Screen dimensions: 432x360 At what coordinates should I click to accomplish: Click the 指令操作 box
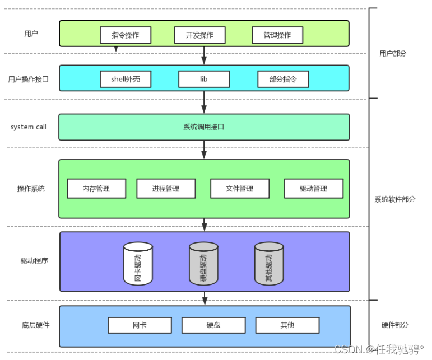[126, 35]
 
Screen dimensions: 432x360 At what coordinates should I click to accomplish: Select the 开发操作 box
[199, 35]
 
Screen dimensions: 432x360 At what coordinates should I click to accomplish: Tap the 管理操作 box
[277, 35]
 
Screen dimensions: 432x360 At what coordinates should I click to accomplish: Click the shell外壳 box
[126, 80]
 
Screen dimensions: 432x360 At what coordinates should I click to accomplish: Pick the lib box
[204, 80]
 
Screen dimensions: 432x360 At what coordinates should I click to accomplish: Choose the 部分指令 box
[283, 80]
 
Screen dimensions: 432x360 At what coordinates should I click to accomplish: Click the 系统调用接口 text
[203, 127]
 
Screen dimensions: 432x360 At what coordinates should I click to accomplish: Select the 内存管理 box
[96, 189]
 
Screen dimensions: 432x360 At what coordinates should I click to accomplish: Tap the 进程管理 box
[166, 189]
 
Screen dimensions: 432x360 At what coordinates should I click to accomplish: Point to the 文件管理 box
[240, 189]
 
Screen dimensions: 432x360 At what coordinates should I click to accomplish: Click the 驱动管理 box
[314, 189]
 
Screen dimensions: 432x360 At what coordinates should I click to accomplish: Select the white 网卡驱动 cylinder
[138, 263]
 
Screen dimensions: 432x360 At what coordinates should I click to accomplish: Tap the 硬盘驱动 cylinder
[203, 263]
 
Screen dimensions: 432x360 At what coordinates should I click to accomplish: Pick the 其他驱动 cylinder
[269, 263]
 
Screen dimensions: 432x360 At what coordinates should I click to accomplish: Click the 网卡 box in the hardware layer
[140, 325]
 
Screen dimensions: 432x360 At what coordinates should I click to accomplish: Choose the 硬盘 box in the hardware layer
[213, 325]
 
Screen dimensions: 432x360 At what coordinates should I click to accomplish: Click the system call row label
[29, 127]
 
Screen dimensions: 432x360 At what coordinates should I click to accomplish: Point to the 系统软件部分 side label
[394, 199]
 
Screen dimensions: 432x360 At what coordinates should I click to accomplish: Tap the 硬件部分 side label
[395, 325]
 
